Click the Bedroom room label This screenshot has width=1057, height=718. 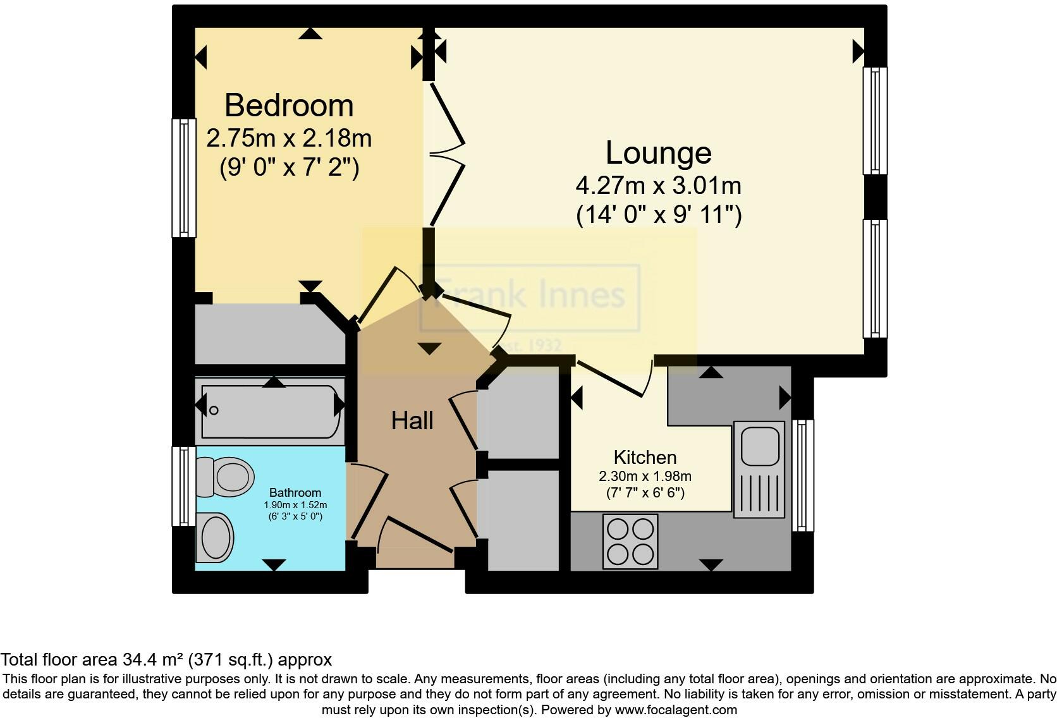(289, 106)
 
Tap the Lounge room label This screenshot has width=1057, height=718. (658, 153)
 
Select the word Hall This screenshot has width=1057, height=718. (412, 421)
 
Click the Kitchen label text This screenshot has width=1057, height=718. (645, 457)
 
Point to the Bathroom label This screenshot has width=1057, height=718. (295, 492)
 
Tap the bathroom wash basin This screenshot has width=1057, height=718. (215, 537)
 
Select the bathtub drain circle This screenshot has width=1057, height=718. (214, 411)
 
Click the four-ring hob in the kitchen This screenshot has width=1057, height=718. (630, 541)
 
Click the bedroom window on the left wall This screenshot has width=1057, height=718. (184, 178)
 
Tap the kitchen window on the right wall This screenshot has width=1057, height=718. (803, 475)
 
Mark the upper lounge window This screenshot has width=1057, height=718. (875, 121)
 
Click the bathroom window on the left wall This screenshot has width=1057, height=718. (184, 485)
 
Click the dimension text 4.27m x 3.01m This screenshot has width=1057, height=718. (658, 186)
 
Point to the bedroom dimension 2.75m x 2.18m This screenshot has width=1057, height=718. (289, 138)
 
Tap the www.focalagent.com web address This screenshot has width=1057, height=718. (675, 710)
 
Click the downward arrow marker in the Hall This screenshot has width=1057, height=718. (429, 348)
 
